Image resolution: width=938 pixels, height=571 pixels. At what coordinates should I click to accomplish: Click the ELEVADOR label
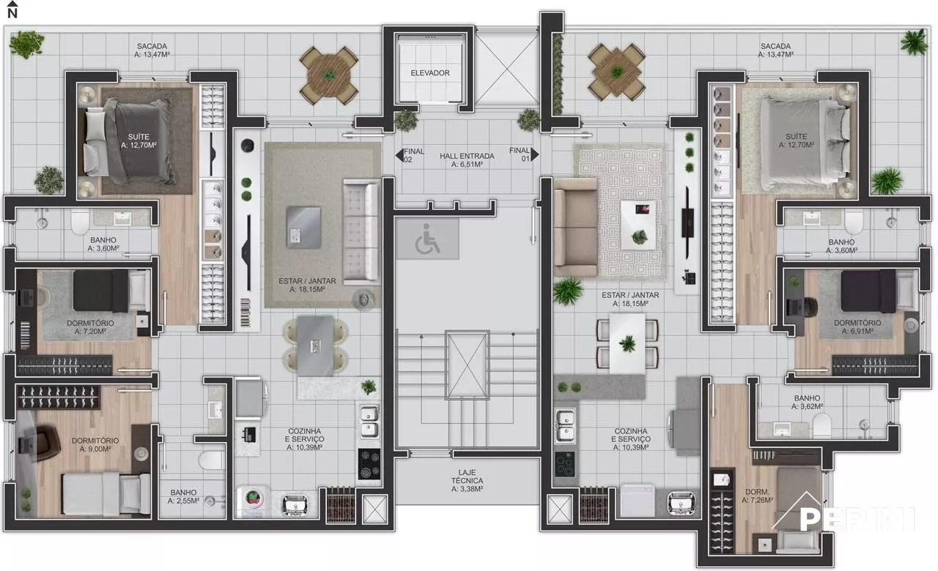pyautogui.click(x=430, y=73)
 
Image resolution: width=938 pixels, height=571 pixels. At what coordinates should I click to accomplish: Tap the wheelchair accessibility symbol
pyautogui.click(x=427, y=239)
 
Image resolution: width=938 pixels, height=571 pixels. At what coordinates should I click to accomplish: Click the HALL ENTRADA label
pyautogui.click(x=467, y=160)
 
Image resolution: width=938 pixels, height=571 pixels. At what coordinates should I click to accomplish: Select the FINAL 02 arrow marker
pyautogui.click(x=399, y=155)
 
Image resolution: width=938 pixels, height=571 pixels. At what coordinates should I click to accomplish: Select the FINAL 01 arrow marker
pyautogui.click(x=535, y=154)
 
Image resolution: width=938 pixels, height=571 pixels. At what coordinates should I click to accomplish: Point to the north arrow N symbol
pyautogui.click(x=12, y=10)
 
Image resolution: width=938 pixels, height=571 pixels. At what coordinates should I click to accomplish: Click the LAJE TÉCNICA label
pyautogui.click(x=467, y=481)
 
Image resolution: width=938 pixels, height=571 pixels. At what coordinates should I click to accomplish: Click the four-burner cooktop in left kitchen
pyautogui.click(x=369, y=464)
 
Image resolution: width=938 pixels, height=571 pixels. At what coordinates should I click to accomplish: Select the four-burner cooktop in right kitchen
pyautogui.click(x=565, y=464)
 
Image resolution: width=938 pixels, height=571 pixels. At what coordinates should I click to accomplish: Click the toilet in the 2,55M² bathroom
pyautogui.click(x=213, y=460)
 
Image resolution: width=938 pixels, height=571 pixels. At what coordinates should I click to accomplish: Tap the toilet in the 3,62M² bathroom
pyautogui.click(x=822, y=426)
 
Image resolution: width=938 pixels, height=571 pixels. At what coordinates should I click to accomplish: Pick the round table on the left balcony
pyautogui.click(x=329, y=75)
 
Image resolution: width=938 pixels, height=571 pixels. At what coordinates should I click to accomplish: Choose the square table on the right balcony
pyautogui.click(x=616, y=72)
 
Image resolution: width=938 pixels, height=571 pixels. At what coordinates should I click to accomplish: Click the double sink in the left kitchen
pyautogui.click(x=369, y=422)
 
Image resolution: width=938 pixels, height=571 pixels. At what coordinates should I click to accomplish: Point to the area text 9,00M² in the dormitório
pyautogui.click(x=95, y=449)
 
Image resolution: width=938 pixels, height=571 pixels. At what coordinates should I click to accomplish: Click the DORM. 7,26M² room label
pyautogui.click(x=757, y=496)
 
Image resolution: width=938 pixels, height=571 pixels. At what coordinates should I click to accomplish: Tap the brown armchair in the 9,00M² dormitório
pyautogui.click(x=45, y=443)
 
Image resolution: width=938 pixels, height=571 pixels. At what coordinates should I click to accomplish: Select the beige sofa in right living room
pyautogui.click(x=576, y=228)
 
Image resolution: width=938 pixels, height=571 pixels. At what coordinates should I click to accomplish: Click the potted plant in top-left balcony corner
pyautogui.click(x=27, y=44)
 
